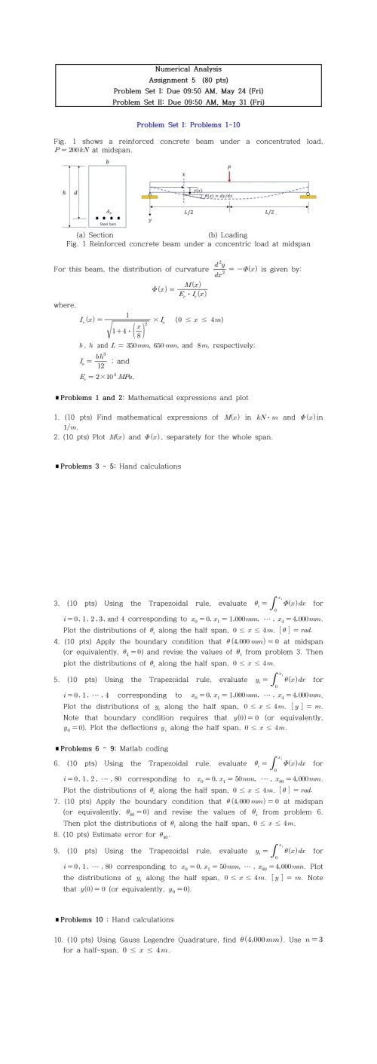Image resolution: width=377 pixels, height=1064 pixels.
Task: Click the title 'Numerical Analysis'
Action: coord(188,69)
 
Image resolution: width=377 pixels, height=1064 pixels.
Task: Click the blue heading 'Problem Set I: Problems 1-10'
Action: coord(188,124)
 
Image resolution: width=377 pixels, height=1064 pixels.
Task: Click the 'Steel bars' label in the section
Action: coord(107,224)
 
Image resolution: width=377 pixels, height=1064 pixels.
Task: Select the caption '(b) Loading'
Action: coord(228,235)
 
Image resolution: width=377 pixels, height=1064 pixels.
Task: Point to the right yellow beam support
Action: coord(308,197)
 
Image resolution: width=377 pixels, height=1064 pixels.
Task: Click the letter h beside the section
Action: coord(64,194)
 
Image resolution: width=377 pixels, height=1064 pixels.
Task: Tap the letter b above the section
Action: coord(107,163)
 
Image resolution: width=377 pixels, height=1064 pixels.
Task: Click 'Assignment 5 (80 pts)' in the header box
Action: coord(188,79)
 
